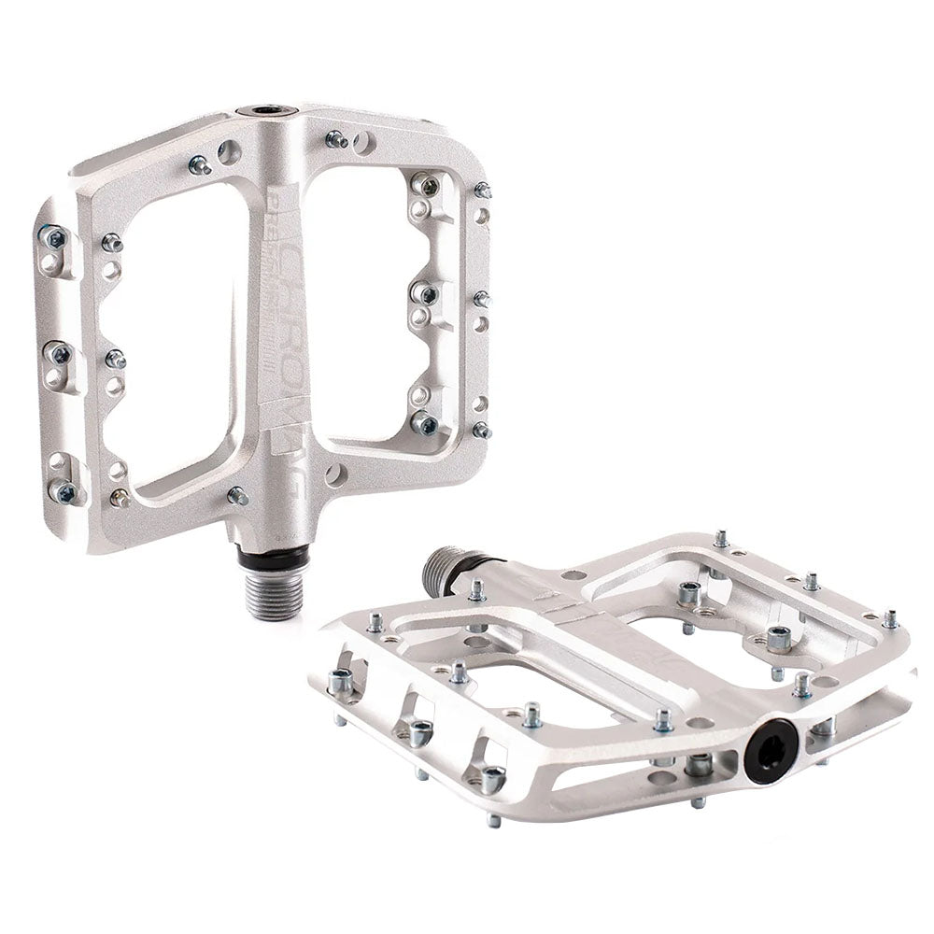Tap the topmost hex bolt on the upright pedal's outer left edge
point(53,237)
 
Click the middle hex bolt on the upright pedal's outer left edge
point(59,353)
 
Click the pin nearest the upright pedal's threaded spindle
point(237,495)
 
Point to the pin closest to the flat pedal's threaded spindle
point(477,590)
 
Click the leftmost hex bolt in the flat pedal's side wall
point(341,682)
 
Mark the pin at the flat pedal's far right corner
point(890,617)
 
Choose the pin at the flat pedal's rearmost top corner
point(721,538)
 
